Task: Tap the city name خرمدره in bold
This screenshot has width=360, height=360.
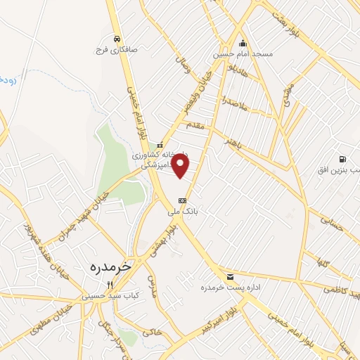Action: click(112, 267)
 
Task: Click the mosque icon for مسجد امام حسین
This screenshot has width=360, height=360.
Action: click(243, 43)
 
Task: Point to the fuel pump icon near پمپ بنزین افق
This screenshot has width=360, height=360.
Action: click(342, 160)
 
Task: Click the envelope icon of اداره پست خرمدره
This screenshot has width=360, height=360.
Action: click(230, 276)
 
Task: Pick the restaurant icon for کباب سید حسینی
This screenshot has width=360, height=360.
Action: click(109, 285)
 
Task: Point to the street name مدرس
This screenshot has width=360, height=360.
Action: click(155, 299)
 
